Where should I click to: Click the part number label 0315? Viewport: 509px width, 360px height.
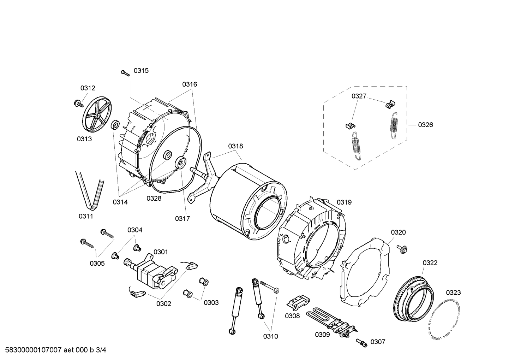(141, 71)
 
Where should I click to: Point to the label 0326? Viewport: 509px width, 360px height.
(425, 125)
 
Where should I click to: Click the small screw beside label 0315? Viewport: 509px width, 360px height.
(125, 73)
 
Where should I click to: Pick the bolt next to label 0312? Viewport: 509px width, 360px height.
(77, 103)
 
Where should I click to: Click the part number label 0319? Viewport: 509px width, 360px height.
(344, 202)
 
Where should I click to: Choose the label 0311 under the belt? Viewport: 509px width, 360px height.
(86, 216)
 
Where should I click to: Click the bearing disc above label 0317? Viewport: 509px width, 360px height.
(181, 163)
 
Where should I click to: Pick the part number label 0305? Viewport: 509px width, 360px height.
(97, 263)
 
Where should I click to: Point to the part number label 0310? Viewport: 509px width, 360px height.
(270, 336)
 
